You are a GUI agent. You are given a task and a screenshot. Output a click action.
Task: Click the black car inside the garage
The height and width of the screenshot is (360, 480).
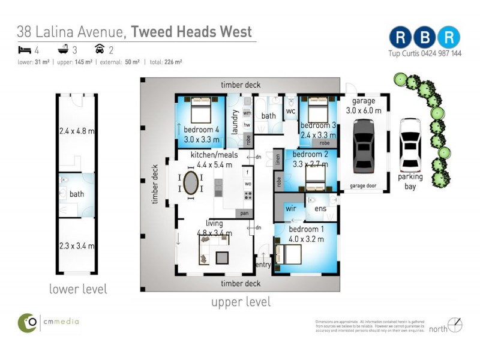click(x=364, y=146)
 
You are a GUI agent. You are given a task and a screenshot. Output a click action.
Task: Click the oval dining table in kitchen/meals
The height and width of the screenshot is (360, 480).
click(x=191, y=183)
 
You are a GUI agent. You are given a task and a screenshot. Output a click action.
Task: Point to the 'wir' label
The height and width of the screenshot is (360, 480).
click(x=291, y=209)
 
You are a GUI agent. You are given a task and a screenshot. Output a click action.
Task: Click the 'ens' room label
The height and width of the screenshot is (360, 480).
click(x=320, y=209)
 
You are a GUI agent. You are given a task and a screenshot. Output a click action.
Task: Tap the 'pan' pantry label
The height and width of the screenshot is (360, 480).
click(x=245, y=213)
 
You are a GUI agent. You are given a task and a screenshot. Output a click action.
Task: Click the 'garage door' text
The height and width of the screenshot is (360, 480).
click(x=363, y=186)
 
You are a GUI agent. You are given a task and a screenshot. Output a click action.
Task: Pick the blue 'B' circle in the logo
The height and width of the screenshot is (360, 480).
click(x=424, y=37)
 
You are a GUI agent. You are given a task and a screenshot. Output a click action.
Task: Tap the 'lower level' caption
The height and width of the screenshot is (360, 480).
click(x=78, y=289)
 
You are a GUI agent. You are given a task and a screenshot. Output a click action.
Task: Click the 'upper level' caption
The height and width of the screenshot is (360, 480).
click(x=241, y=302)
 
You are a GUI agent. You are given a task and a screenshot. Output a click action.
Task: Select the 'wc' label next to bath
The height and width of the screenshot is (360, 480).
click(x=291, y=111)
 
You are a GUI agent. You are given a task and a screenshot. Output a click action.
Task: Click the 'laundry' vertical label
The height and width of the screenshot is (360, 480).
click(x=235, y=122)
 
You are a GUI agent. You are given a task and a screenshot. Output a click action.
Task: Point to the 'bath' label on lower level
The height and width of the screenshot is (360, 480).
click(x=77, y=194)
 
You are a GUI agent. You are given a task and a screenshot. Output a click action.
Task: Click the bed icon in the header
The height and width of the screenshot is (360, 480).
click(x=23, y=49)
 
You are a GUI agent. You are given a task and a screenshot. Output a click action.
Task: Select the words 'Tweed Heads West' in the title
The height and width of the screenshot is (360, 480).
click(x=191, y=31)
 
